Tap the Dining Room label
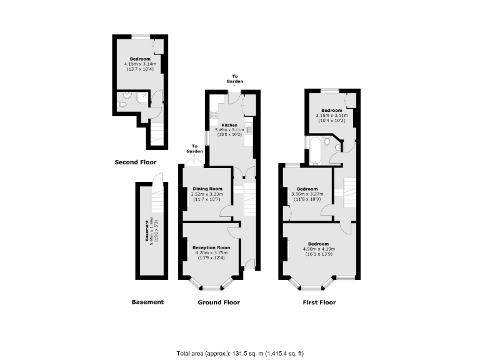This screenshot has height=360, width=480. coord(207,189)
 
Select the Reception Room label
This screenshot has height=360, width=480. coord(211,247)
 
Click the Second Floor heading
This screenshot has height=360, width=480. coord(135,162)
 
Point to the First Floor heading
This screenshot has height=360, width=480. coord(319,302)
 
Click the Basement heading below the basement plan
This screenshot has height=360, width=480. coord(147,302)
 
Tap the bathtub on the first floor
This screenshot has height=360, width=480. coord(315,151)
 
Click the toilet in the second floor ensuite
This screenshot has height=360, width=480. coord(122,105)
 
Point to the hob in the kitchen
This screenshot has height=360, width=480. coord(214,114)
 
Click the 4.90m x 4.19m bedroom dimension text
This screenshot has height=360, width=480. coord(318,249)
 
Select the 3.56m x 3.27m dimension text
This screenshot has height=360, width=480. coord(307,194)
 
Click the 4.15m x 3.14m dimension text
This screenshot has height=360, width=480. coord(140,63)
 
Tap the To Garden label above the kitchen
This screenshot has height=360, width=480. coord(235,79)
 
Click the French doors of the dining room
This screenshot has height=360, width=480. coord(195,162)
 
